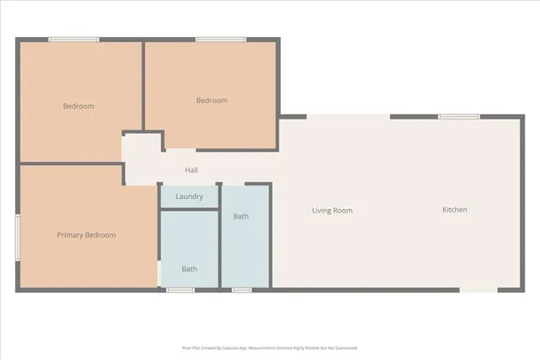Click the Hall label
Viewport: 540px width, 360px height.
(192, 170)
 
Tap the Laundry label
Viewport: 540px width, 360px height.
(189, 196)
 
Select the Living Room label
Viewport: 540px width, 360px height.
(332, 211)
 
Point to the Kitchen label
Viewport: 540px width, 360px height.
(455, 210)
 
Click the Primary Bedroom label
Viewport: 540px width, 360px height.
(86, 235)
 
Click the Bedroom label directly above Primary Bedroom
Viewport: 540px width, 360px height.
(78, 106)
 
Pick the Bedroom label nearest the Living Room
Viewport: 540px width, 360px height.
(212, 101)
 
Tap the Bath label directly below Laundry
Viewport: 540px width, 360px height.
(190, 269)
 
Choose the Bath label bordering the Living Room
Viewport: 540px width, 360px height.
(241, 217)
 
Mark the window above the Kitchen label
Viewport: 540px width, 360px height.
(459, 116)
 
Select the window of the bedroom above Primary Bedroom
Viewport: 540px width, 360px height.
(73, 39)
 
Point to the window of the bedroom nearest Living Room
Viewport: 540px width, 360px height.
(221, 39)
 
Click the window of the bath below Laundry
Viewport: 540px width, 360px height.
(180, 290)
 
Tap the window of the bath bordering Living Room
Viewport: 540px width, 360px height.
(242, 290)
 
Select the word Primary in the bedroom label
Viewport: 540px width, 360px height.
(71, 235)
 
